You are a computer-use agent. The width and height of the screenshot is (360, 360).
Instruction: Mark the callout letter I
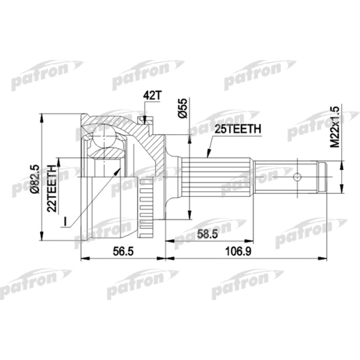point(65,222)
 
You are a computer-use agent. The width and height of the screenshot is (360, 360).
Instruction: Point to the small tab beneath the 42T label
point(145,119)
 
